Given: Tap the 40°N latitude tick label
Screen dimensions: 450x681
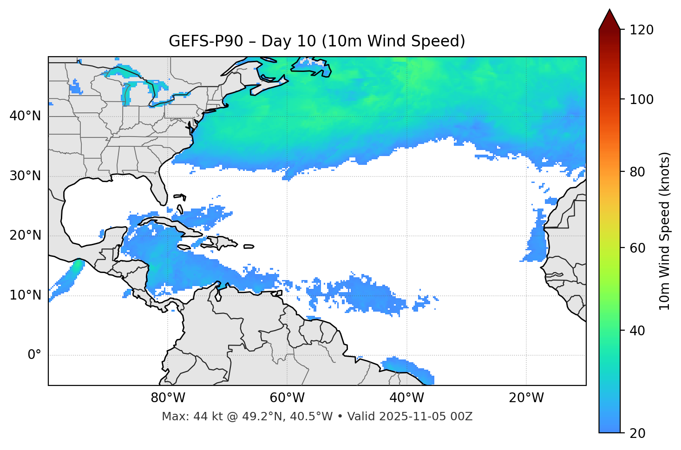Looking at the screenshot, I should [x=25, y=116].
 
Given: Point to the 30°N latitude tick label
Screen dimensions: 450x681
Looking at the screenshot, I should [x=25, y=176].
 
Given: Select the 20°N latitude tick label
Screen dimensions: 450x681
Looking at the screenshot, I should [x=25, y=235].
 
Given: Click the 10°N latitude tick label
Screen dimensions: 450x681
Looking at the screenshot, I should [x=25, y=295].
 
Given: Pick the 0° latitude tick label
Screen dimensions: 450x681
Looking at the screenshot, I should [x=34, y=355].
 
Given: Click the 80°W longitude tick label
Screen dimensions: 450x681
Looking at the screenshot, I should [x=168, y=398].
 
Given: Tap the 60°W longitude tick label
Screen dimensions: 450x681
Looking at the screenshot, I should [x=287, y=398].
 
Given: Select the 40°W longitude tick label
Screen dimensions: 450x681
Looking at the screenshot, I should [x=406, y=398].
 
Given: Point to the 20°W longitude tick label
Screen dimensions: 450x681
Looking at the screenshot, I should [x=526, y=398].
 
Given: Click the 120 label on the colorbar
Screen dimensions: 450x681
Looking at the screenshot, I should [x=641, y=30].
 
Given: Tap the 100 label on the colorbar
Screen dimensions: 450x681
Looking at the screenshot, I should [x=641, y=99].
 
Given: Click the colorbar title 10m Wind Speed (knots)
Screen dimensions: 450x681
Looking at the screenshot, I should [x=665, y=231].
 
